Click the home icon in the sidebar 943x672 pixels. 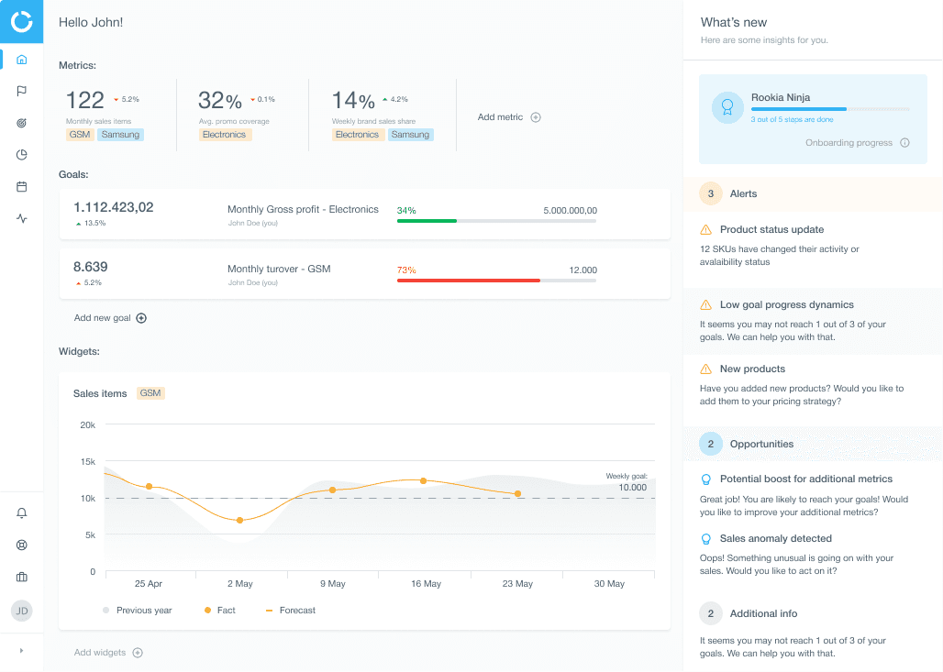click(x=22, y=60)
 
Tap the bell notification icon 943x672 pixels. click(x=22, y=512)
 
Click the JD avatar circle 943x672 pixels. click(x=22, y=611)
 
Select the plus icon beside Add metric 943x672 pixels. click(x=536, y=117)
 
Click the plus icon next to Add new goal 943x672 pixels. click(x=141, y=318)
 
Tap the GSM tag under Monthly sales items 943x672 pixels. click(x=80, y=135)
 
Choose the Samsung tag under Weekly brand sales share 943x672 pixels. click(x=410, y=135)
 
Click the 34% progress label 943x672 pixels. click(x=406, y=210)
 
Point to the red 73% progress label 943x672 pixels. click(x=406, y=270)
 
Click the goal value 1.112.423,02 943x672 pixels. click(x=114, y=207)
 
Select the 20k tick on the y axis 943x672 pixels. click(x=88, y=425)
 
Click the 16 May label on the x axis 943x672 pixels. click(x=426, y=584)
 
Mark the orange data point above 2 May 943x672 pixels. click(x=240, y=520)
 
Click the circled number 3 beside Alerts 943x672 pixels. click(x=711, y=193)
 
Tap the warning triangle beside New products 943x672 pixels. click(x=706, y=369)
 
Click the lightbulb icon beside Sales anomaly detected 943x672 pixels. click(x=706, y=538)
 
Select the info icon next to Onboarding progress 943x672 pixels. click(x=904, y=143)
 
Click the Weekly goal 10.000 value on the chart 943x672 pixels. click(x=633, y=488)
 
